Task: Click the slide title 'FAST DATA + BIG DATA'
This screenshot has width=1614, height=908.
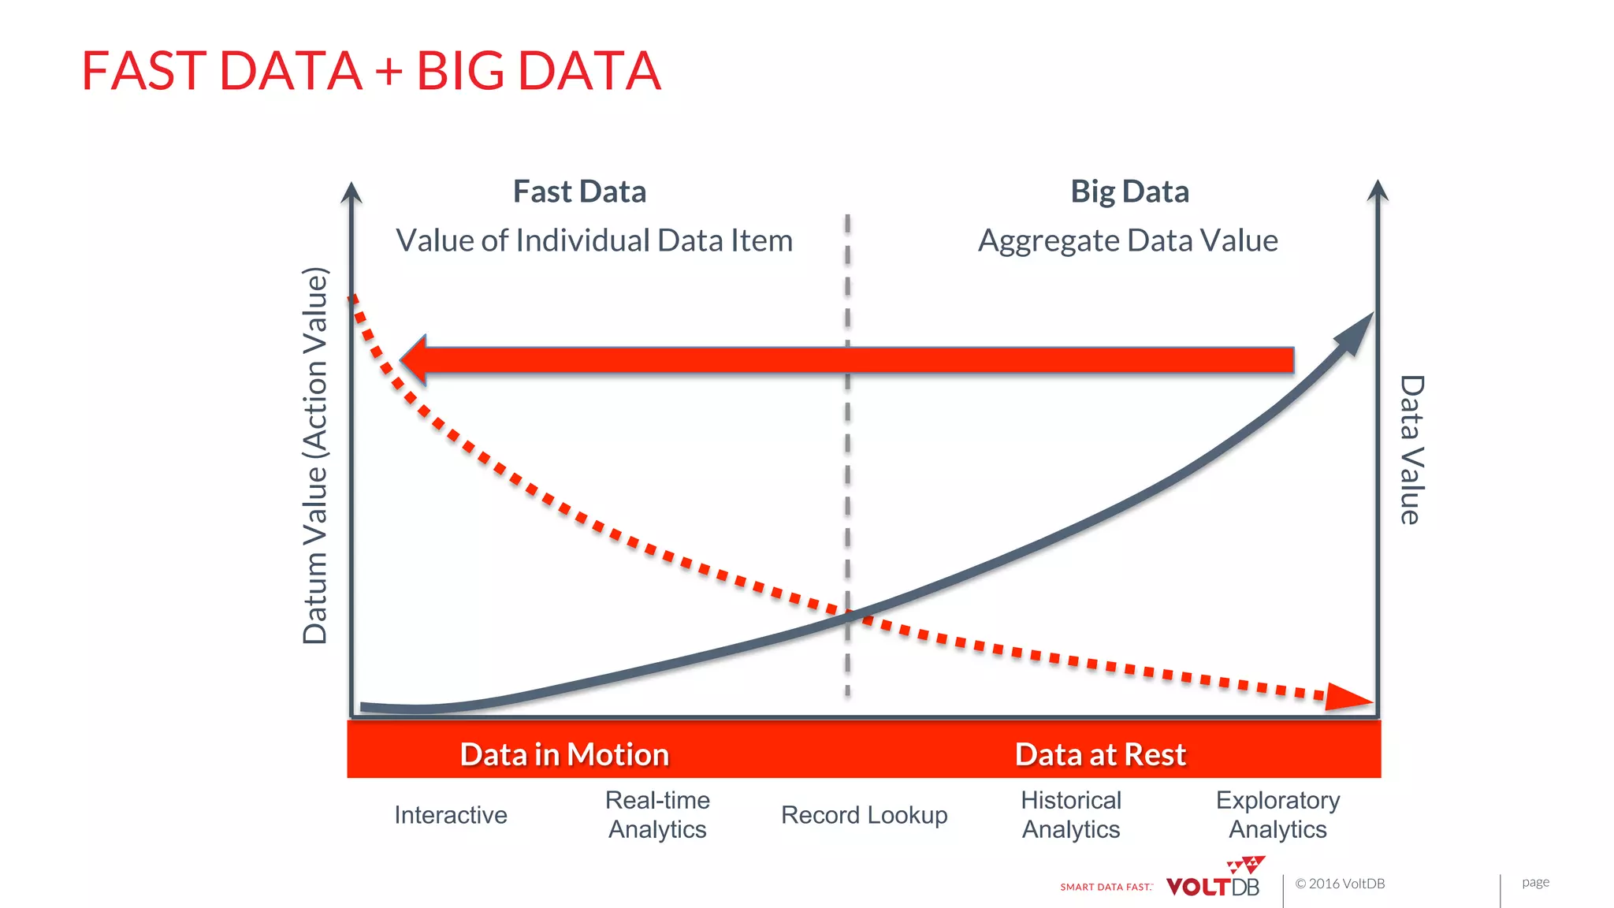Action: click(x=370, y=71)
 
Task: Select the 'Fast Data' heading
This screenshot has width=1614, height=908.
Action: click(x=579, y=192)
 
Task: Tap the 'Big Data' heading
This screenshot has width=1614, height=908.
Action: click(x=1129, y=192)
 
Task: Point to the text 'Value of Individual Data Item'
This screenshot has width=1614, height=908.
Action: click(x=594, y=240)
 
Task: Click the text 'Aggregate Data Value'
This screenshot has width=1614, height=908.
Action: click(x=1128, y=240)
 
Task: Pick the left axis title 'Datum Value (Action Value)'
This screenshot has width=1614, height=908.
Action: click(x=315, y=456)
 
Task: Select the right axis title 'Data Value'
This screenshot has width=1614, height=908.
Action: click(x=1411, y=449)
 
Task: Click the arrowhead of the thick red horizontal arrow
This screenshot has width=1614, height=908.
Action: click(x=415, y=360)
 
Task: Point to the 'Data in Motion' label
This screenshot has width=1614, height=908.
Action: click(x=564, y=754)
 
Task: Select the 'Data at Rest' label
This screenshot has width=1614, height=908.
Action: click(x=1100, y=754)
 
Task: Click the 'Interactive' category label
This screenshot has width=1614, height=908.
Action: click(x=451, y=815)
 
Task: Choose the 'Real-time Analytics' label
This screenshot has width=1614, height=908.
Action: click(x=657, y=815)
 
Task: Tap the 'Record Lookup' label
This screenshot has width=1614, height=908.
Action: click(x=864, y=815)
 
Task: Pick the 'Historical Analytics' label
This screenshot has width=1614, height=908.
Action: click(x=1071, y=815)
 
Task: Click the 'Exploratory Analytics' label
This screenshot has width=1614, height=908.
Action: click(x=1277, y=815)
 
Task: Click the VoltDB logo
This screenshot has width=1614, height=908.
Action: click(x=1214, y=881)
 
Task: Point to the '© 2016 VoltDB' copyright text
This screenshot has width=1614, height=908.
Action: click(x=1340, y=884)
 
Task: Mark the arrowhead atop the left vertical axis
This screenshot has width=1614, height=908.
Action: click(x=351, y=193)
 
